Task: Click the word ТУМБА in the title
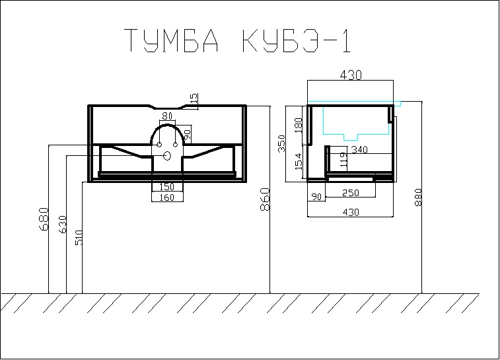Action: point(171,40)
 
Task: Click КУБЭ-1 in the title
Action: point(297,40)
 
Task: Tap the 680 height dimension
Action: point(44,219)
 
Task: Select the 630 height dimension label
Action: point(63,224)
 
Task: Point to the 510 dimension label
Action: point(79,238)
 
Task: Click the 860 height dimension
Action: point(265,199)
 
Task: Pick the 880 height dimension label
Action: point(418,198)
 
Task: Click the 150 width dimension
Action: point(166,186)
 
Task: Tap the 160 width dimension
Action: point(166,198)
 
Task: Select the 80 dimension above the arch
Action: point(167,116)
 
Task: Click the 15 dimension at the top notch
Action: point(194,98)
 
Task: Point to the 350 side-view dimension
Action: point(281,143)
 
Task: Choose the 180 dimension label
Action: point(298,126)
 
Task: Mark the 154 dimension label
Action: point(298,161)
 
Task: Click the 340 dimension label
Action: point(359,149)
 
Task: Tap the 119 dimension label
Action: point(343,160)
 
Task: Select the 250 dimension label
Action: point(350,193)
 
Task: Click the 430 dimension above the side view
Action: point(351,75)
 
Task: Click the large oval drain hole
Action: point(167,156)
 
